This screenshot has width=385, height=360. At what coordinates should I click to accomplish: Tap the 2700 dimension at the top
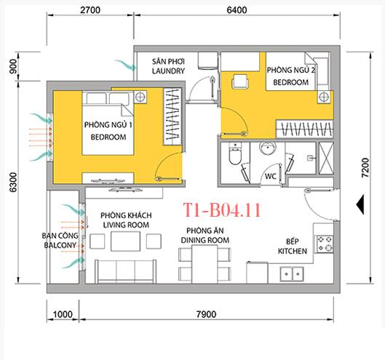(91, 10)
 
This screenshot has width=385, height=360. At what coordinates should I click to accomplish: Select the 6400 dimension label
(237, 10)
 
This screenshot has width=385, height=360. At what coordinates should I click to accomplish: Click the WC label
(269, 176)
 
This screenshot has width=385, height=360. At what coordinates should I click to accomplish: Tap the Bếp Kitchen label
(293, 246)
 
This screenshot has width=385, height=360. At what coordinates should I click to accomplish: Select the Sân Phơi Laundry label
(168, 66)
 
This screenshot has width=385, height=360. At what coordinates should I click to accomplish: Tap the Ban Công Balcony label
(60, 242)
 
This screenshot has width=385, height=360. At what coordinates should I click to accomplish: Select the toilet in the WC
(232, 156)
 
